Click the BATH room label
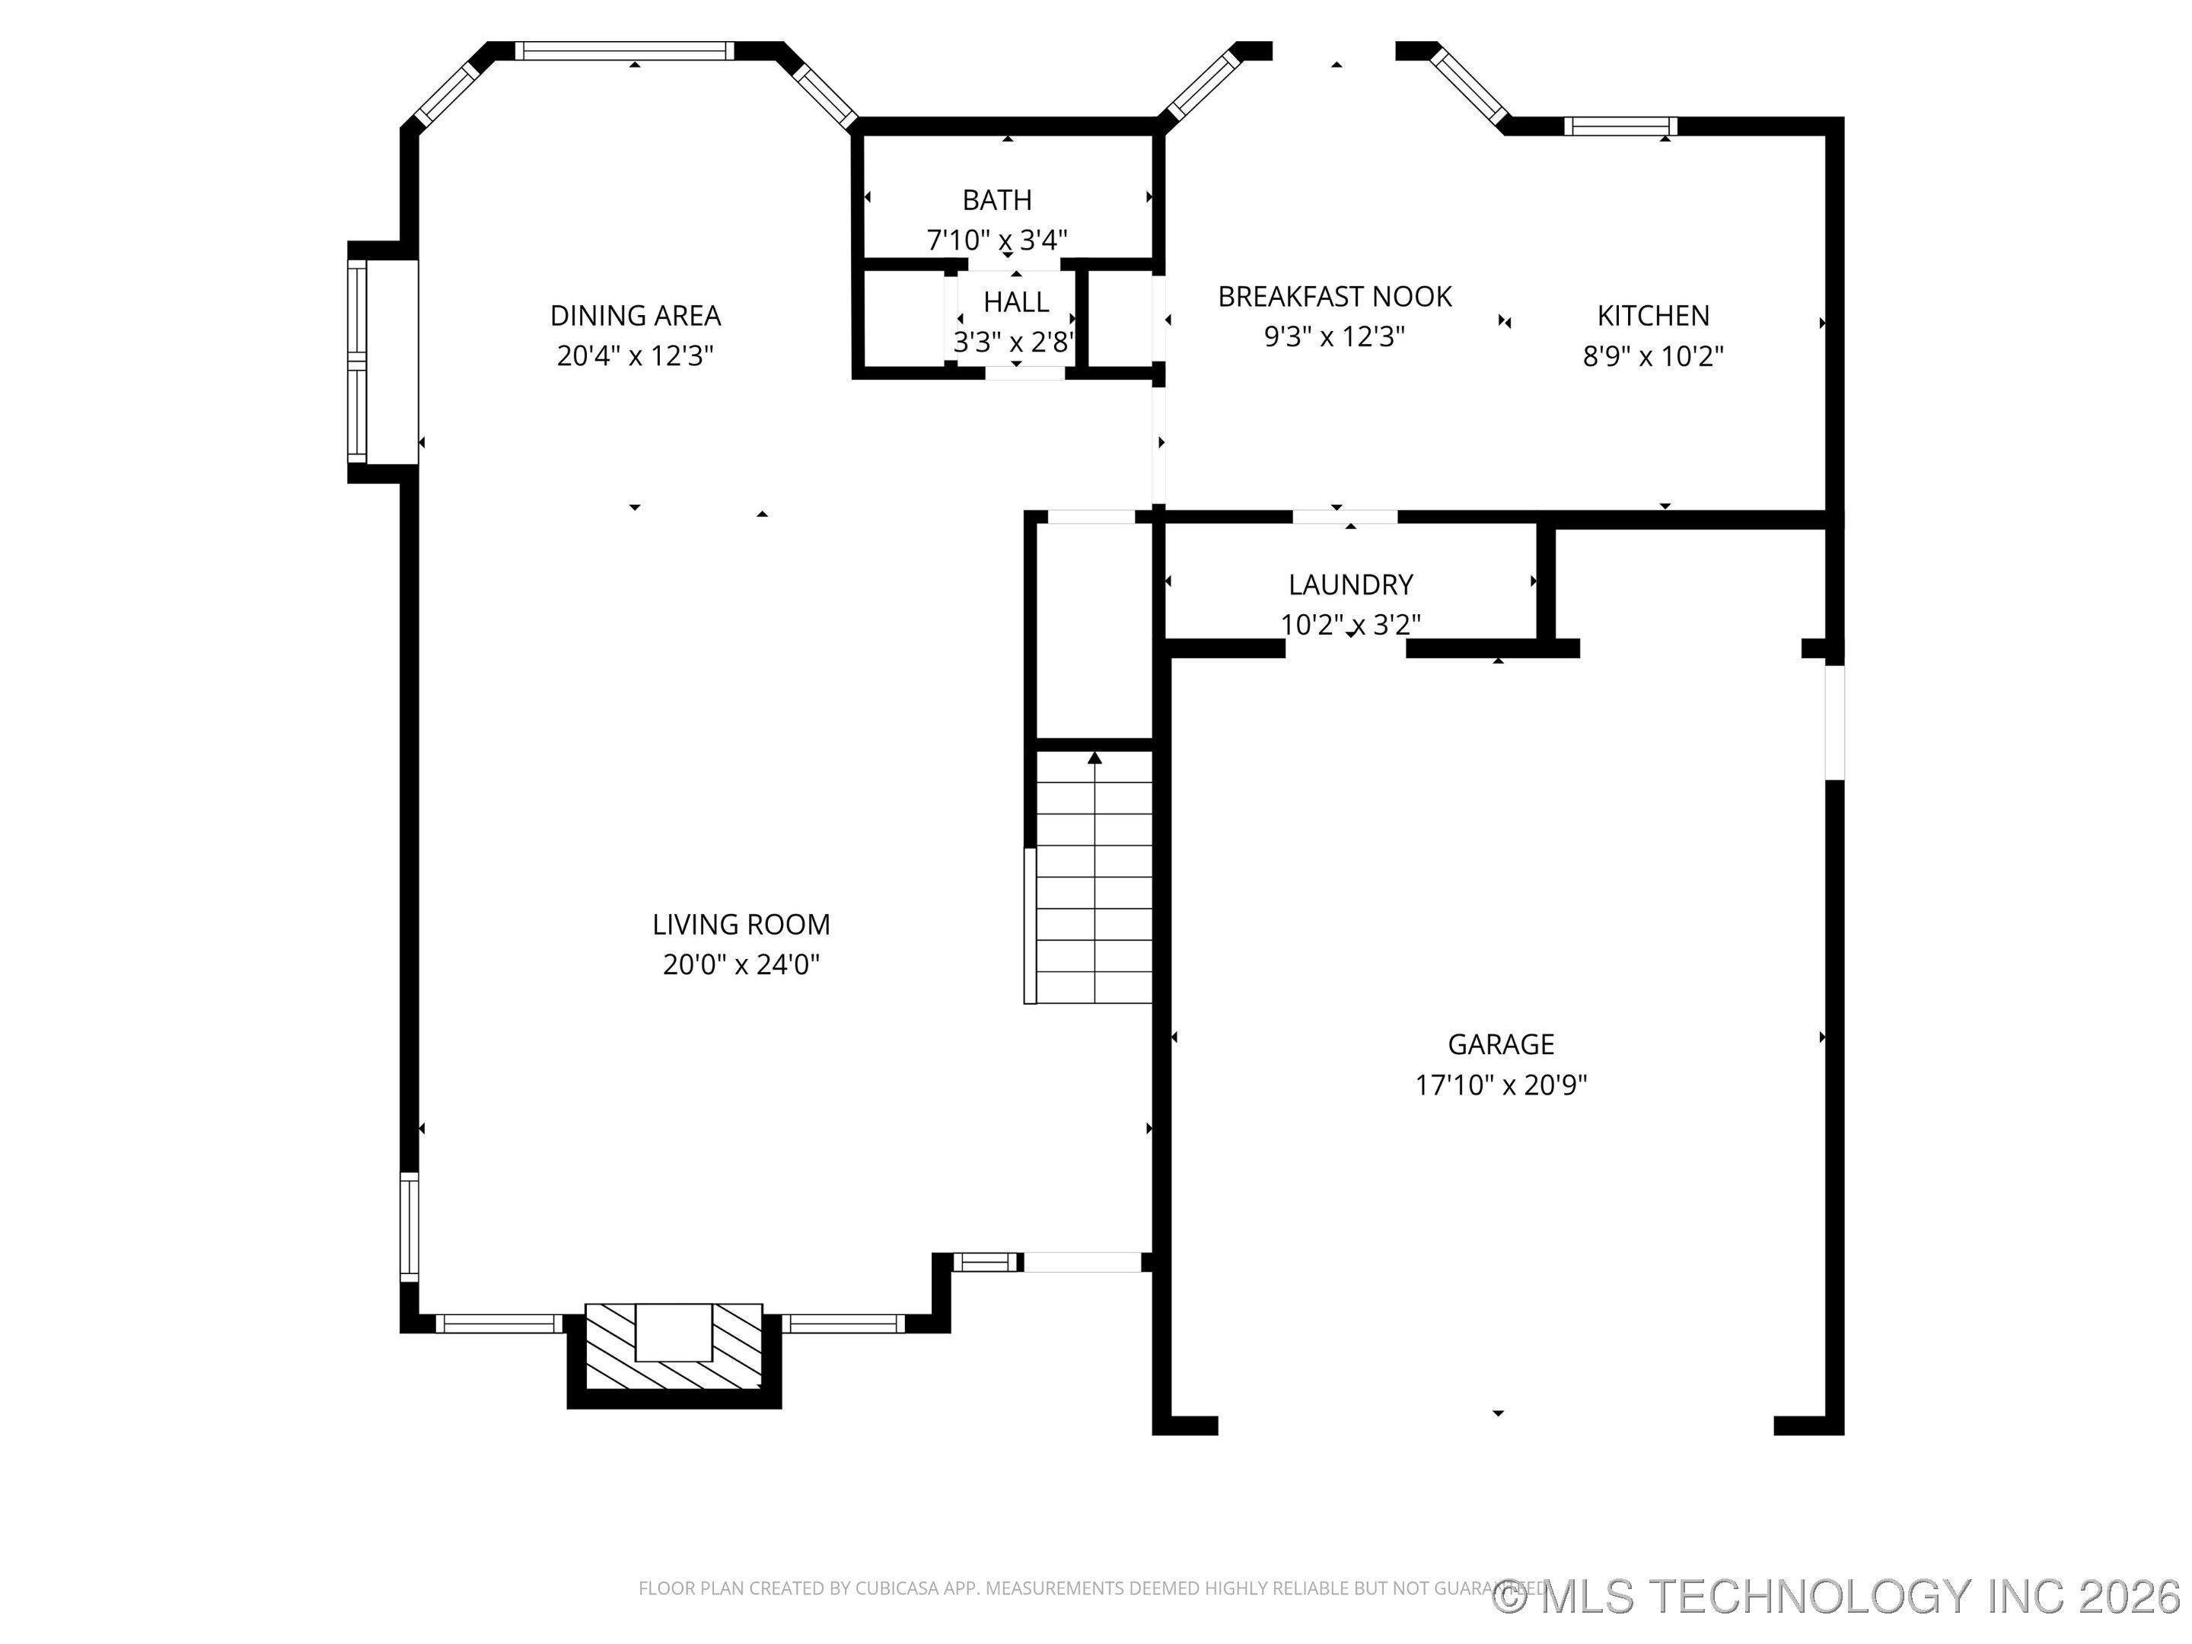(997, 200)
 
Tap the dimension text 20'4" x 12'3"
(636, 355)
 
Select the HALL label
(1016, 301)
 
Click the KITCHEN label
(1653, 315)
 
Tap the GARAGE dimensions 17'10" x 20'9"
(1500, 1085)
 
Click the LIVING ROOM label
(741, 925)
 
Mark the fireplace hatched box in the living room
(674, 1346)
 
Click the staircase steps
(1094, 892)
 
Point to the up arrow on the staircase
(1094, 759)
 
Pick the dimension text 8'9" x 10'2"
(1653, 357)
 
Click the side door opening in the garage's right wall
(1834, 722)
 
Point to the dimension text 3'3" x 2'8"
(1014, 342)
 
